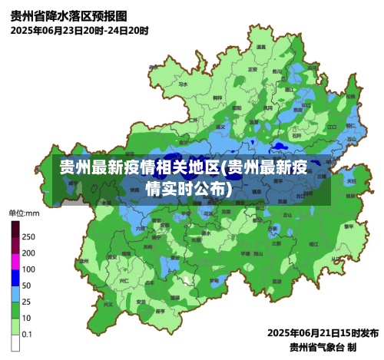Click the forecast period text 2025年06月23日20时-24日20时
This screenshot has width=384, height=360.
coord(80,31)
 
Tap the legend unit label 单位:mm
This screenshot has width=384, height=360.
coord(23,213)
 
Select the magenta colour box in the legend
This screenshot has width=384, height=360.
coord(15,269)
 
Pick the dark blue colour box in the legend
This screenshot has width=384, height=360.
coord(15,286)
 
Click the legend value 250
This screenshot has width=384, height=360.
coord(28,236)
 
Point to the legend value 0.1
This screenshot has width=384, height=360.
coord(27,334)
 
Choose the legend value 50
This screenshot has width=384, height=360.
coord(27,286)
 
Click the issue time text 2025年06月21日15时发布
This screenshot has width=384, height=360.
coord(323,333)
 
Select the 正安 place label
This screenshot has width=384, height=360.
coord(253,70)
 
